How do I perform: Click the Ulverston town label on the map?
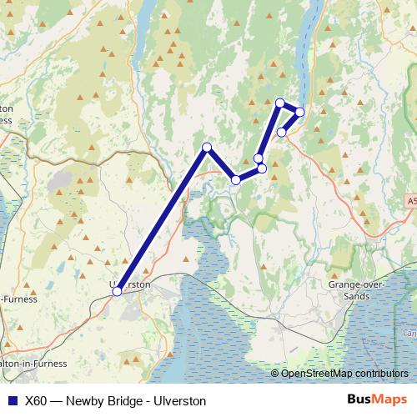[132, 284]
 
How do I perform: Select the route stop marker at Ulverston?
[117, 291]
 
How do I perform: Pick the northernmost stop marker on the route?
[280, 103]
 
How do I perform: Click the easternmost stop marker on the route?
[299, 112]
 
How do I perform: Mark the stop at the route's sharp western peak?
[207, 148]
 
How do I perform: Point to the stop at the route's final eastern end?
[282, 132]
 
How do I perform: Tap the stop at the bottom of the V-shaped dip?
[236, 179]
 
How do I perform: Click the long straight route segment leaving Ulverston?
[162, 219]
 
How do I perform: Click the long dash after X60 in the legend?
[58, 400]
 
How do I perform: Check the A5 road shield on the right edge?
[412, 201]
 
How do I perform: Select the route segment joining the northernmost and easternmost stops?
[290, 108]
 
